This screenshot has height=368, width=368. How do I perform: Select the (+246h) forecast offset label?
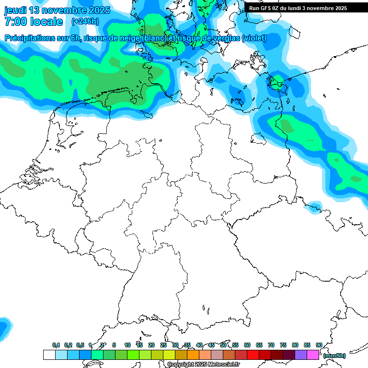coord(85,22)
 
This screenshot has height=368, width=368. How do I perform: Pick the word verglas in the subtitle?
coord(225,38)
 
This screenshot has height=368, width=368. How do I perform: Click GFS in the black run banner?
coord(267,8)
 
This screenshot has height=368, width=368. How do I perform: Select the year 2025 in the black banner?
coord(339,8)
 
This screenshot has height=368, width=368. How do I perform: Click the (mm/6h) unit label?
coord(334,356)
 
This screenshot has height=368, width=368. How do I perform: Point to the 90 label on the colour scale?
coord(319,345)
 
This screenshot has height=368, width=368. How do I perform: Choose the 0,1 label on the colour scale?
coord(56,345)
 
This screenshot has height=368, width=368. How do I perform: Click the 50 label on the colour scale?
coord(223,345)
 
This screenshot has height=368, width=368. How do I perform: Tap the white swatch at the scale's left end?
coord(49,355)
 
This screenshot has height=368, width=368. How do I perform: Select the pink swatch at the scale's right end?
coord(313,355)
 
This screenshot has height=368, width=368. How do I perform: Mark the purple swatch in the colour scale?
coord(301,355)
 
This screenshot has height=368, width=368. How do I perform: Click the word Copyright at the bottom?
coord(180,365)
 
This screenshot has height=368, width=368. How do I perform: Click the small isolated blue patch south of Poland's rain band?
coord(314,206)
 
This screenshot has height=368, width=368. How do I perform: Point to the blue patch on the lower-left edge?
coord(4,327)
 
